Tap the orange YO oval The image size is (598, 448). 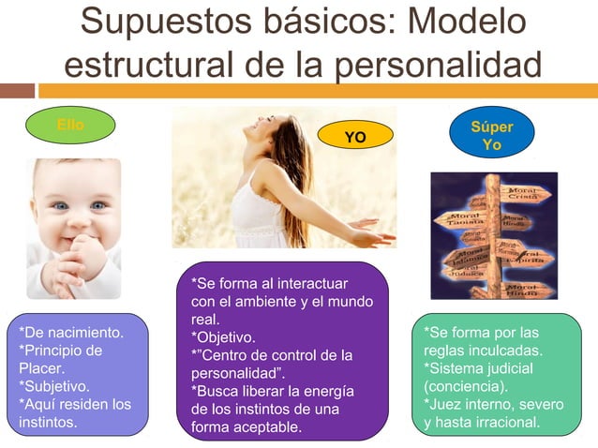355,138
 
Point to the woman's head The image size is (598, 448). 284,141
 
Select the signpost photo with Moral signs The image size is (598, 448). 493,234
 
